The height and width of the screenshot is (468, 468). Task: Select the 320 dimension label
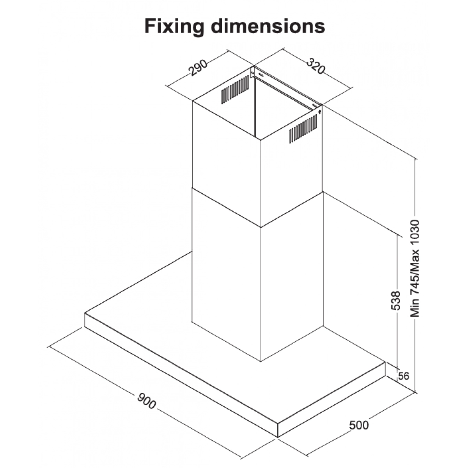tap(316, 66)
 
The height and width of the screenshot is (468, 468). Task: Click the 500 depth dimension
tap(359, 425)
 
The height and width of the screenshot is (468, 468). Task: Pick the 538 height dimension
tap(396, 300)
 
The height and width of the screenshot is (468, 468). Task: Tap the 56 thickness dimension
tap(404, 376)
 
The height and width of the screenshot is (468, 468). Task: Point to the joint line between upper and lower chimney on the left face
tap(226, 208)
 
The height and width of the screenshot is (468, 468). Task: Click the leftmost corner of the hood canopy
tap(85, 313)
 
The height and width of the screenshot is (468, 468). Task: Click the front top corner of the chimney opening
tap(261, 138)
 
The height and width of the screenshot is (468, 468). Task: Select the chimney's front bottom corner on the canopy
tap(261, 361)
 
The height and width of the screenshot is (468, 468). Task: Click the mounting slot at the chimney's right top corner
tap(315, 105)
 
